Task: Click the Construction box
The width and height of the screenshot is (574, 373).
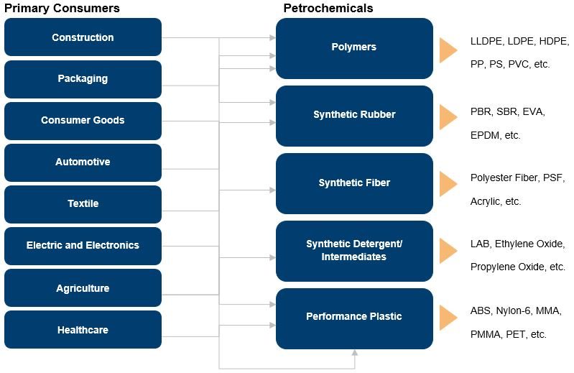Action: (x=83, y=37)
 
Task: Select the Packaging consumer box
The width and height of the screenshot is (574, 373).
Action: (x=83, y=79)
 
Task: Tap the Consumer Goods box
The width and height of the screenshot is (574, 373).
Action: (x=83, y=121)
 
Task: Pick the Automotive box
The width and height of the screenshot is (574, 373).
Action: (x=83, y=162)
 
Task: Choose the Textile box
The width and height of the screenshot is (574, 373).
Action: (x=83, y=204)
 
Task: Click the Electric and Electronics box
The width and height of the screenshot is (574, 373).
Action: (x=83, y=246)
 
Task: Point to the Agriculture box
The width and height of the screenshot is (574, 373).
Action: (x=83, y=287)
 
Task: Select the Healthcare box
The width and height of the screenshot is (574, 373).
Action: (x=83, y=329)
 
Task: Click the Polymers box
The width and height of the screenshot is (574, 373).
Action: (x=354, y=48)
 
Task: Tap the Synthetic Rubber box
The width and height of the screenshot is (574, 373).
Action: (x=354, y=116)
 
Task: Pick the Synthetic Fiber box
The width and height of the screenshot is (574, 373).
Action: (x=354, y=183)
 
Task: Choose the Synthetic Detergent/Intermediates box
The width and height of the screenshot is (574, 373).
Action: (x=354, y=251)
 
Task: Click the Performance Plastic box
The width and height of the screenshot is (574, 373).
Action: (x=354, y=318)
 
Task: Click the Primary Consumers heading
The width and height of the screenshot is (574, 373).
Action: (x=62, y=8)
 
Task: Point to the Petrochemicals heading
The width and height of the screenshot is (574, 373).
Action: (x=328, y=8)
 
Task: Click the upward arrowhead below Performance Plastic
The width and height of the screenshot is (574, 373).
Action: (x=354, y=352)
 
